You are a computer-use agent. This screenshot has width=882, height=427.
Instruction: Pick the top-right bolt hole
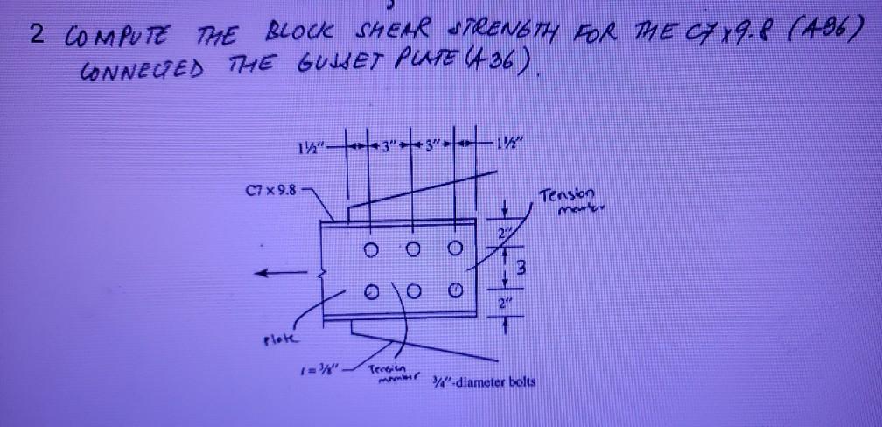pyautogui.click(x=453, y=249)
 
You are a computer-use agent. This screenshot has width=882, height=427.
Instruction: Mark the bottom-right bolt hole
pyautogui.click(x=453, y=290)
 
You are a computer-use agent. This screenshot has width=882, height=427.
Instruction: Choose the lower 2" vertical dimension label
pyautogui.click(x=501, y=304)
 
